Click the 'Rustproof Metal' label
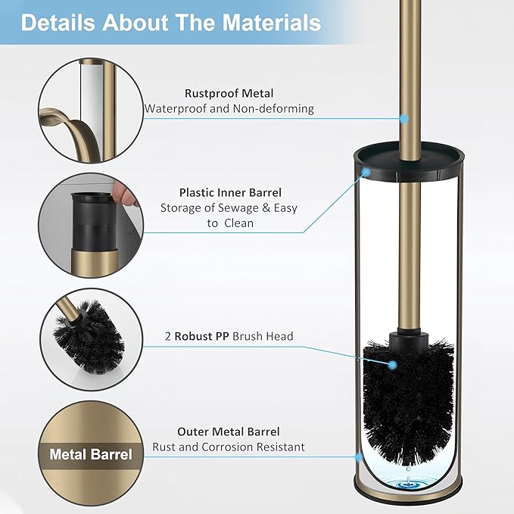[x=229, y=93]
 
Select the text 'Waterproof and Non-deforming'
[x=229, y=108]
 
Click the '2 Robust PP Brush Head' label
[x=229, y=336]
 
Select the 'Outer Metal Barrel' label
[x=229, y=431]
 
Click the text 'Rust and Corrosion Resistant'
[x=229, y=447]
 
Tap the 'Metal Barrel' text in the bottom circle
[x=91, y=454]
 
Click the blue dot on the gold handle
[x=403, y=119]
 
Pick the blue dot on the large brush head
[x=393, y=365]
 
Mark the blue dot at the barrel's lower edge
[x=357, y=456]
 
